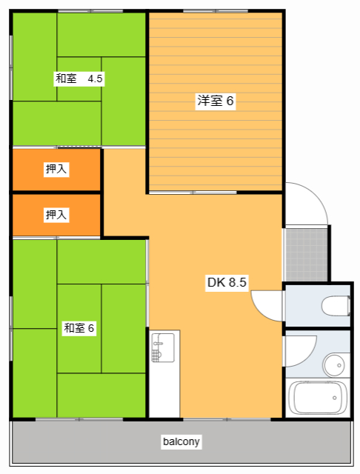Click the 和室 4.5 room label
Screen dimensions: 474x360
[x=79, y=78]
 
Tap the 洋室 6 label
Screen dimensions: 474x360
[x=216, y=101]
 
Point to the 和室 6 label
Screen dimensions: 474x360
[x=79, y=327]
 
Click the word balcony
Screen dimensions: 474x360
[x=181, y=442]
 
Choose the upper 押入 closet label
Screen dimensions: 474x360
[x=56, y=170]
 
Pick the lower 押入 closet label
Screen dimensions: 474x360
[x=56, y=215]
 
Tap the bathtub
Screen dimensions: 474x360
[x=319, y=398]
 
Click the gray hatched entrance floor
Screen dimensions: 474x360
[x=306, y=253]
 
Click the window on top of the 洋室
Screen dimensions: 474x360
[x=204, y=10]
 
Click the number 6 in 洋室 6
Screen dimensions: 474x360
[x=230, y=101]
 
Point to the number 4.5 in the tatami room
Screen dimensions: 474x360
[x=96, y=78]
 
